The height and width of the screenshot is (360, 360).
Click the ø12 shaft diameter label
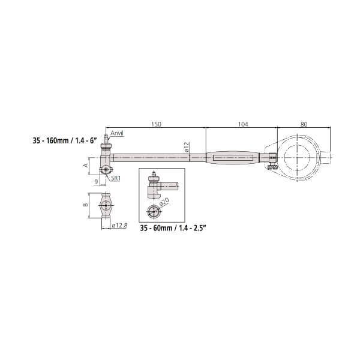click(187, 148)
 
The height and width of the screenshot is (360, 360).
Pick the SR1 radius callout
click(115, 178)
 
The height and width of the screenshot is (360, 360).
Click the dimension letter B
click(85, 206)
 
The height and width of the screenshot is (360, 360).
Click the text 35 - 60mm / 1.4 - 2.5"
click(173, 229)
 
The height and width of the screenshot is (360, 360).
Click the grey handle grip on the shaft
click(234, 158)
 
